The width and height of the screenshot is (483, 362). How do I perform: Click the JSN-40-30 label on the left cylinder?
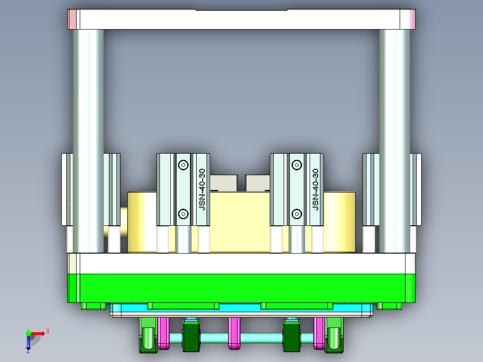(202, 190)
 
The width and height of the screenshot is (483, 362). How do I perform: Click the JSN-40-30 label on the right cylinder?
(315, 190)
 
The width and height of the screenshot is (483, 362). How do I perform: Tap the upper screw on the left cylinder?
(183, 165)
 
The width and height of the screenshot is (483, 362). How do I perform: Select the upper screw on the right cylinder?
(296, 165)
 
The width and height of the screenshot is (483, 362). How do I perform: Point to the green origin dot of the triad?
(28, 333)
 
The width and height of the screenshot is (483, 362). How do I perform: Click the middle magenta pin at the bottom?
(234, 333)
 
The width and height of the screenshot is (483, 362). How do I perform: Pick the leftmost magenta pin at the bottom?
(164, 333)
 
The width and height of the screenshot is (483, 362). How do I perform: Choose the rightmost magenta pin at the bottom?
(319, 333)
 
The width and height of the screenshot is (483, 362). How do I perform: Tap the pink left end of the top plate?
(72, 19)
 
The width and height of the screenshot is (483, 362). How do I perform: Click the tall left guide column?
(88, 134)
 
